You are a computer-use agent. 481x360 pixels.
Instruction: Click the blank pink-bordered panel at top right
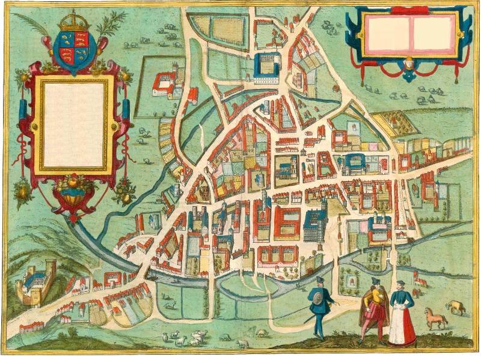410,33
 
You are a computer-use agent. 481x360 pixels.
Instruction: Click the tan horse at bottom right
435,317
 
